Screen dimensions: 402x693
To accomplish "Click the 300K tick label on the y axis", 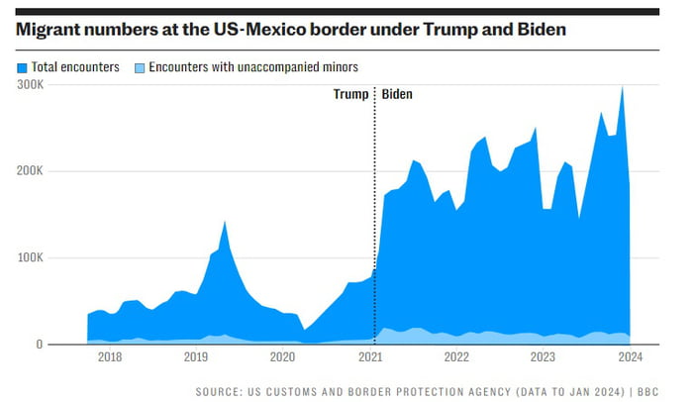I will pos(30,85).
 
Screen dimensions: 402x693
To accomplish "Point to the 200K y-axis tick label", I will pos(30,171).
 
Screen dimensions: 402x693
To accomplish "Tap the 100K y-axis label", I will pos(30,257).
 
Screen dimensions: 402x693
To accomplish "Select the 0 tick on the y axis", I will pos(40,345).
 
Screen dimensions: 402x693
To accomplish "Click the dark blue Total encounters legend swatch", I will pos(22,67).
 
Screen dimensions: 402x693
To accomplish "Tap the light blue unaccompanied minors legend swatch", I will pos(140,67).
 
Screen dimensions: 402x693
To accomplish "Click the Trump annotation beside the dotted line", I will pos(349,95).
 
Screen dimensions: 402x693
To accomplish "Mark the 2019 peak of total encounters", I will pos(225,222).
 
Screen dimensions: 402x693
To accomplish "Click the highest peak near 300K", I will pos(622,87).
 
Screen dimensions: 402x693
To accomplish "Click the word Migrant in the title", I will pos(46,29).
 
